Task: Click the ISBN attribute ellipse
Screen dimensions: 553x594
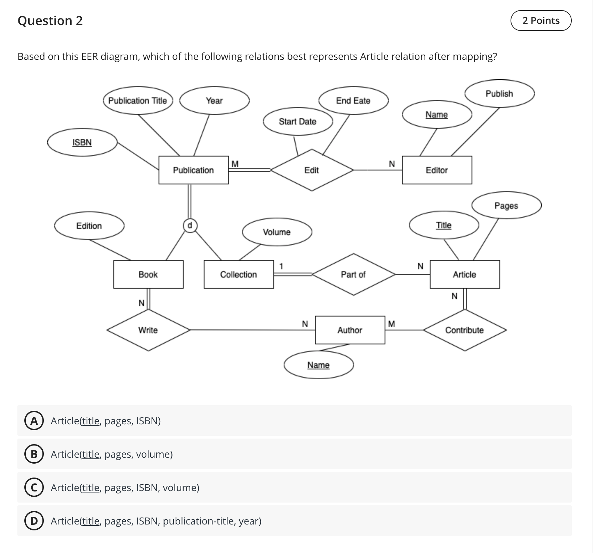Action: tap(82, 142)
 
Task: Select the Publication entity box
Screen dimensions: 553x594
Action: tap(193, 170)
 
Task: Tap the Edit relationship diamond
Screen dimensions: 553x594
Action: tap(312, 170)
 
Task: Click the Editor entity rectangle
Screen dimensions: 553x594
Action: tap(437, 170)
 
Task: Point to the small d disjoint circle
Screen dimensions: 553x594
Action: tap(190, 225)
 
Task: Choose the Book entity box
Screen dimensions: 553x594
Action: tap(148, 274)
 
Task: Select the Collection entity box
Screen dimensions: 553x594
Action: tap(239, 274)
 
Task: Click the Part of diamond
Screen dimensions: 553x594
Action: tap(353, 274)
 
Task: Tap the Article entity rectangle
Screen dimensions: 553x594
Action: tap(465, 274)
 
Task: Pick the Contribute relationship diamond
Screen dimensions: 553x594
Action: tap(465, 330)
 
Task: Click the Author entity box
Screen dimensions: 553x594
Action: tap(350, 330)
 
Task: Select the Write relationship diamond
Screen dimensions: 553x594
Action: tap(148, 330)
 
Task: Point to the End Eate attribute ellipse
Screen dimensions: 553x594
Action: tap(353, 101)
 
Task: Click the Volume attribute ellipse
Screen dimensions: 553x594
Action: tap(277, 232)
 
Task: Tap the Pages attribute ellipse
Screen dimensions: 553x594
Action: tap(506, 206)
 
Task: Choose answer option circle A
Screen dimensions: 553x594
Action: tap(34, 421)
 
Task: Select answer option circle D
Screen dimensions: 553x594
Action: tap(34, 521)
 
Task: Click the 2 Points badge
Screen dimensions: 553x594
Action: tap(541, 21)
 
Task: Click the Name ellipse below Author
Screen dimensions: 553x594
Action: tap(319, 365)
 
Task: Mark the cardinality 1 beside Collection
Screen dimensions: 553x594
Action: tap(281, 266)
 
